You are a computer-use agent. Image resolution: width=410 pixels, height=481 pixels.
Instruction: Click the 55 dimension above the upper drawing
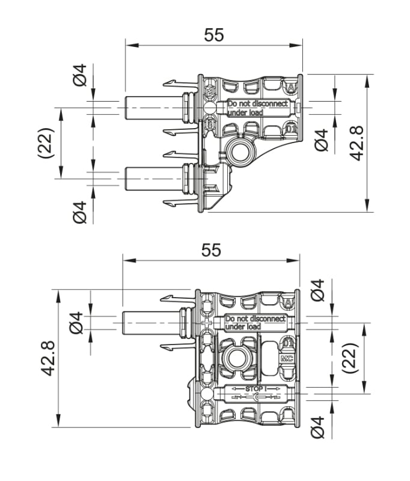(213, 35)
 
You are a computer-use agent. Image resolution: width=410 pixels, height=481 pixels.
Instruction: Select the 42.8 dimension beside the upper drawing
(358, 143)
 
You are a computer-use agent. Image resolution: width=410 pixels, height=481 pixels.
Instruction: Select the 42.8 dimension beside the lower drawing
(48, 358)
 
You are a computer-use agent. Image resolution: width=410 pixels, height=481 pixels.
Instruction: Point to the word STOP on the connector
(256, 390)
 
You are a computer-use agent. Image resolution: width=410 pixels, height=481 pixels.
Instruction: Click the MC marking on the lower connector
(288, 358)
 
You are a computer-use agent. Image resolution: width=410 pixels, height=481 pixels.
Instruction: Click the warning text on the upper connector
(257, 108)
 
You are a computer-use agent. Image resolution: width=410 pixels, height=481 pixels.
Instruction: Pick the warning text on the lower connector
(255, 323)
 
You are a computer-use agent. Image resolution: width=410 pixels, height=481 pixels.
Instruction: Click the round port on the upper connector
(240, 149)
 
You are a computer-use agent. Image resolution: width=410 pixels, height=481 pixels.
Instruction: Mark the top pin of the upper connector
(153, 108)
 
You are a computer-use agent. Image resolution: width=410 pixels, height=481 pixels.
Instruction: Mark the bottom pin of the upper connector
(153, 178)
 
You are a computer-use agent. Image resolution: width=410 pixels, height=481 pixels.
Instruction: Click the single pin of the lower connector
(150, 323)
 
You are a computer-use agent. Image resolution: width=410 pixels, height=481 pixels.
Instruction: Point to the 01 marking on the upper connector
(290, 129)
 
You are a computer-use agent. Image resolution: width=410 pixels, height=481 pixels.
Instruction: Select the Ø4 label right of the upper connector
(322, 140)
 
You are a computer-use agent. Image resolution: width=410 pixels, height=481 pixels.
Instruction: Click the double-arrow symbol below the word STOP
(256, 397)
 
